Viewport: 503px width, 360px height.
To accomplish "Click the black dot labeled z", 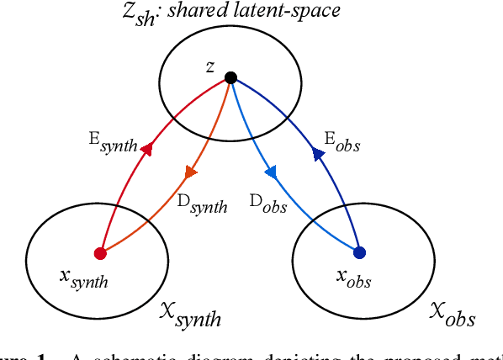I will [230, 78].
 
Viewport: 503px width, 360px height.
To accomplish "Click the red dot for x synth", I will [99, 253].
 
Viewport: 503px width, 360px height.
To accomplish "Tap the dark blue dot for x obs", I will [360, 252].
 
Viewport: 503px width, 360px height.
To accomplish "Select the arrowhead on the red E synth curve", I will [146, 149].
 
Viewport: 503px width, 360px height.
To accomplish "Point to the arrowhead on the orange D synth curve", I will [190, 172].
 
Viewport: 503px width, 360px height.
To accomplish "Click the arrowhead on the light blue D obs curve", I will [271, 172].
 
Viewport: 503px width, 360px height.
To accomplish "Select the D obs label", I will [269, 204].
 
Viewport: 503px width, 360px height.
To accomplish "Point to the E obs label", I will [342, 143].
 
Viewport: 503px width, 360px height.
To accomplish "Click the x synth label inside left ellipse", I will [84, 280].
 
